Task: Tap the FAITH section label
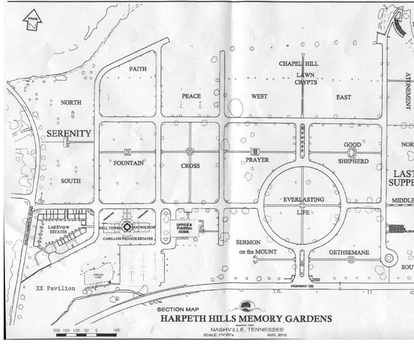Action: click(x=138, y=69)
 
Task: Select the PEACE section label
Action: click(x=191, y=96)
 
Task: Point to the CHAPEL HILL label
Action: click(x=298, y=64)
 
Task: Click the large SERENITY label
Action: click(x=69, y=134)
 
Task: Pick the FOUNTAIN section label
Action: click(x=128, y=164)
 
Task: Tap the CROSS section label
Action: click(x=190, y=166)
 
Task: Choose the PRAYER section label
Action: click(x=257, y=160)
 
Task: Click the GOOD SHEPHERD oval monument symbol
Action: click(x=352, y=153)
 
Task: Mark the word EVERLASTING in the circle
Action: click(x=303, y=200)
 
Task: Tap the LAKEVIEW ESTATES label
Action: click(x=59, y=229)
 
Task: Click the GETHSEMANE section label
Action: click(x=349, y=252)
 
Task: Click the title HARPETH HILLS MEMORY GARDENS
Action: click(x=246, y=319)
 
